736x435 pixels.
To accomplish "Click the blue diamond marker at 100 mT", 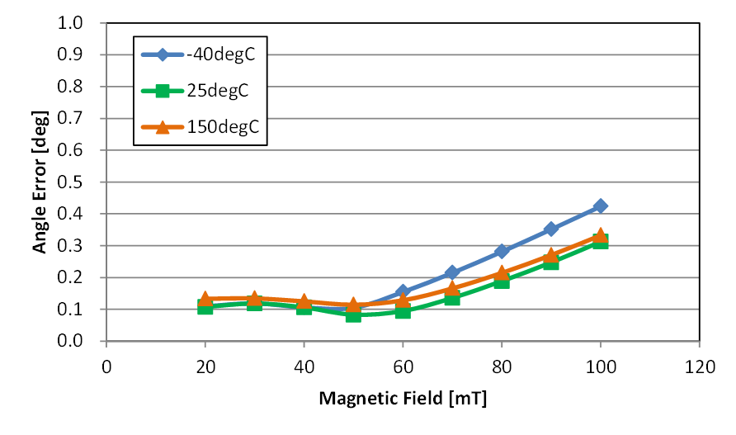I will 601,206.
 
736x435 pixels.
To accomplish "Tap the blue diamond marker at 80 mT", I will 502,251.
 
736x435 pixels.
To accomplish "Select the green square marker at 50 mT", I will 353,314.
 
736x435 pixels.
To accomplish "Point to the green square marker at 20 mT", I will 205,307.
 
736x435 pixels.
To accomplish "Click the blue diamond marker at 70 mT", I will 452,272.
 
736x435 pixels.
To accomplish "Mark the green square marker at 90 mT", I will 551,262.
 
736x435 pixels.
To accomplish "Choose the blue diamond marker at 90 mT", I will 551,229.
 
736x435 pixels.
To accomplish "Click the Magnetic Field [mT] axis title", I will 403,400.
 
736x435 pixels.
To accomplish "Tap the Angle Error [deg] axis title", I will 39,182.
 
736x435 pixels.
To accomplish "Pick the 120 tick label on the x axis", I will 700,366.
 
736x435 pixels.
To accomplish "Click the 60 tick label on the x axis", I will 403,366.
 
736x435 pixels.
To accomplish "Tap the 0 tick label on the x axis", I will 106,366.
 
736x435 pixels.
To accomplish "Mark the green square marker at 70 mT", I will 452,298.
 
